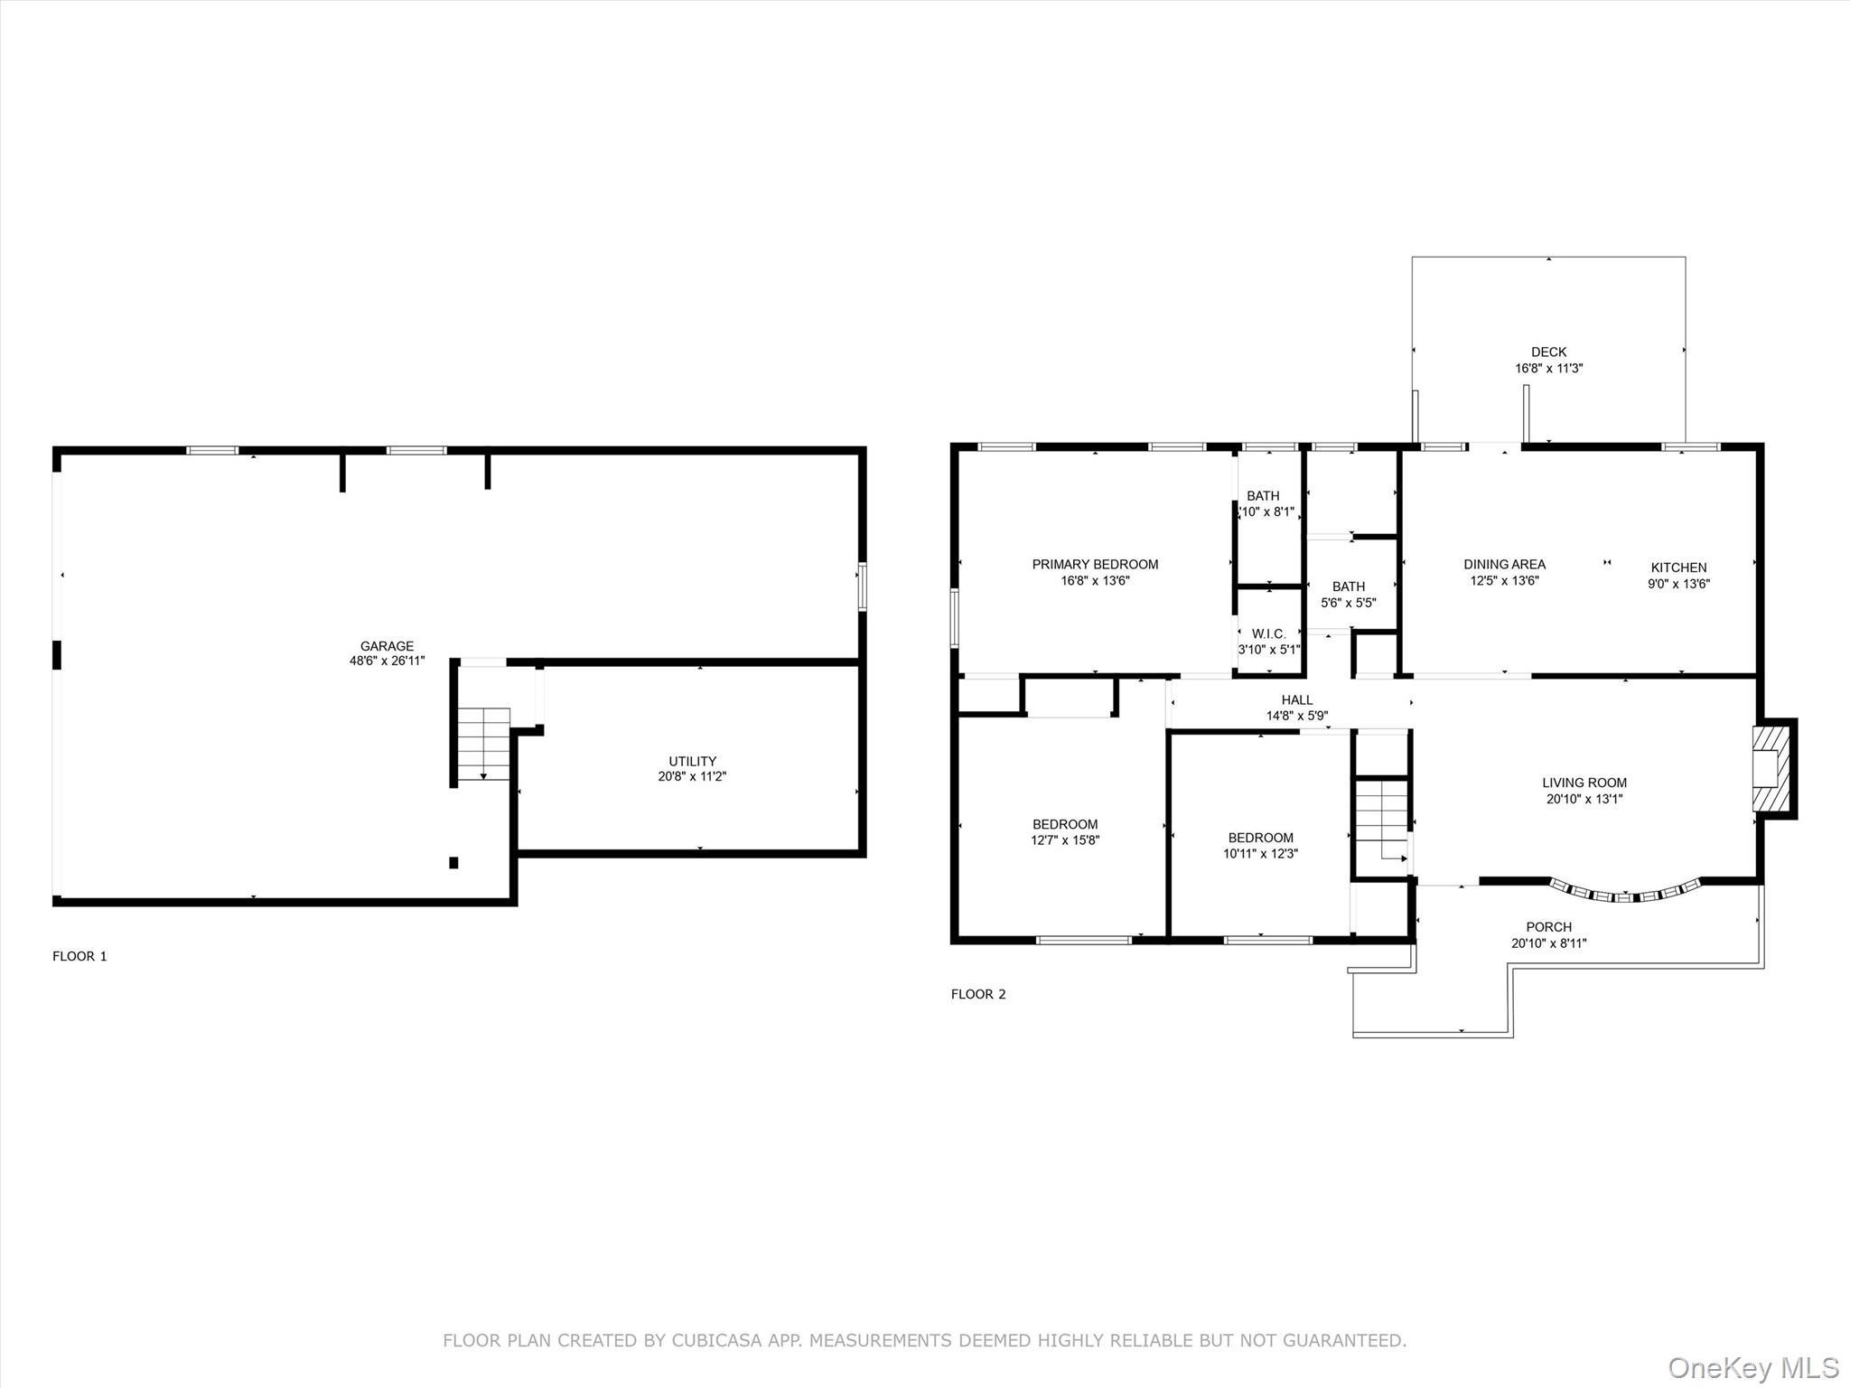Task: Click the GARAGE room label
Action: pyautogui.click(x=387, y=646)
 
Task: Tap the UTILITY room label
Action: pyautogui.click(x=692, y=761)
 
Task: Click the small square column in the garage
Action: pyautogui.click(x=453, y=863)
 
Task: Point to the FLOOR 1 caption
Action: pyautogui.click(x=79, y=956)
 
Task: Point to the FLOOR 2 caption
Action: pyautogui.click(x=978, y=994)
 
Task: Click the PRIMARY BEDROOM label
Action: pyautogui.click(x=1095, y=564)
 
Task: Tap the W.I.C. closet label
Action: pyautogui.click(x=1268, y=633)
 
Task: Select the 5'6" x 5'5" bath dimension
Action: pyautogui.click(x=1348, y=603)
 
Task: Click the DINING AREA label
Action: pyautogui.click(x=1504, y=564)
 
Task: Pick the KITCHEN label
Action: pyautogui.click(x=1678, y=567)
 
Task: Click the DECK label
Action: pyautogui.click(x=1548, y=352)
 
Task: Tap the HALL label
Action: pyautogui.click(x=1296, y=699)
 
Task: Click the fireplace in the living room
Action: pyautogui.click(x=1771, y=768)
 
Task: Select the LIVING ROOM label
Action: pyautogui.click(x=1584, y=783)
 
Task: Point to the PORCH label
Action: pyautogui.click(x=1548, y=926)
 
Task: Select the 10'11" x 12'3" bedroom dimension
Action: pyautogui.click(x=1260, y=853)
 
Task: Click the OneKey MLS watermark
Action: pyautogui.click(x=1753, y=1367)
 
